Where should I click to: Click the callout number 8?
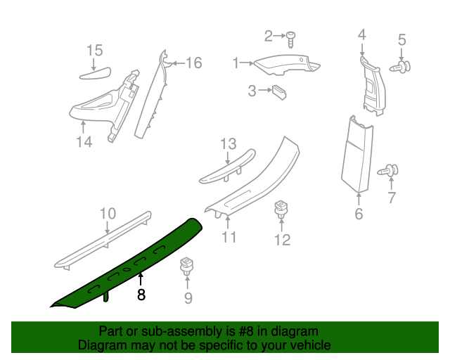click(x=141, y=295)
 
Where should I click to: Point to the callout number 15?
click(x=94, y=50)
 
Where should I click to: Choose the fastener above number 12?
click(x=281, y=209)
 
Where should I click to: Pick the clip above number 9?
click(x=187, y=266)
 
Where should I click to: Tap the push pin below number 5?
click(x=403, y=67)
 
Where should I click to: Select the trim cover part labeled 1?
click(x=285, y=65)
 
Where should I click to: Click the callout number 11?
click(x=229, y=237)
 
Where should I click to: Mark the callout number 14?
click(x=84, y=142)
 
